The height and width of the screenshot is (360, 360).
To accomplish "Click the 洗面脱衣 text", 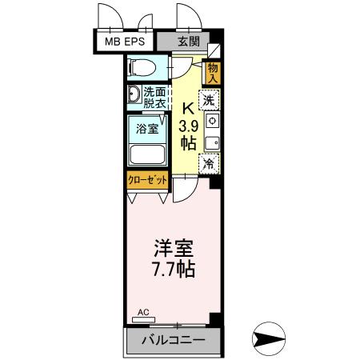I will (156, 98).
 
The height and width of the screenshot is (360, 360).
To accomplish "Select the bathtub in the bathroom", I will (146, 155).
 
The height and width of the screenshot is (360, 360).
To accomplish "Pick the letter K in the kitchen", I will (187, 110).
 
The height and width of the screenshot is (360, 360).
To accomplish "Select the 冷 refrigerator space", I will (209, 164).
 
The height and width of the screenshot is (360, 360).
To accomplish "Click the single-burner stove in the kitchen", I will (211, 121).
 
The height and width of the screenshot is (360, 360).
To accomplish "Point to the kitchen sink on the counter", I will (211, 144).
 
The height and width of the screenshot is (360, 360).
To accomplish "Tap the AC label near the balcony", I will (144, 313).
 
